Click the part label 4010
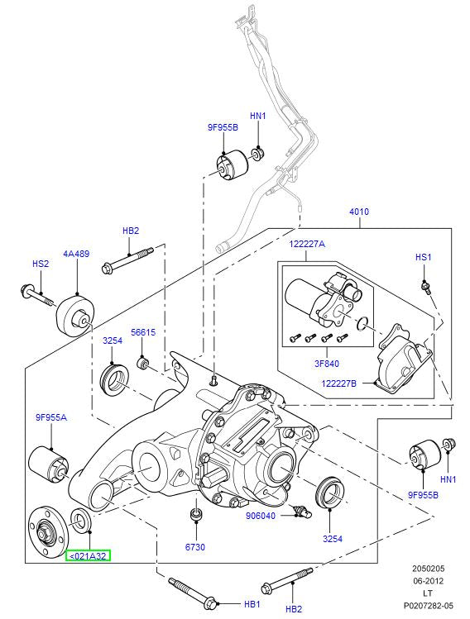point(359,212)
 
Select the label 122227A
point(307,244)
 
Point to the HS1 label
point(423,258)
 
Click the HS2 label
point(41,264)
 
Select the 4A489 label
point(76,254)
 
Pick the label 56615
point(143,332)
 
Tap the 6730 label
point(195,546)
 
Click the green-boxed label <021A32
point(88,556)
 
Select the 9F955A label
point(51,417)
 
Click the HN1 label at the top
point(257,117)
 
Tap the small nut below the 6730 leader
point(195,517)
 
